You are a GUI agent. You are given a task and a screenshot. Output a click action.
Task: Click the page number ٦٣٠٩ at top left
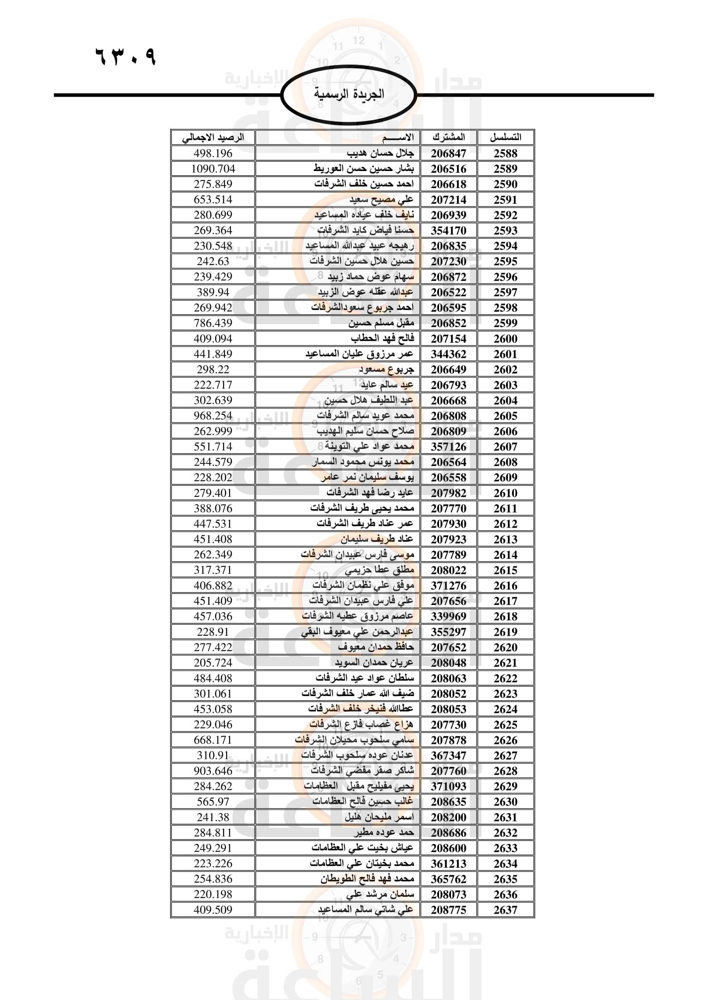click(x=125, y=56)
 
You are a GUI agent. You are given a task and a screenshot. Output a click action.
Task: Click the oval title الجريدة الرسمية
click(x=349, y=94)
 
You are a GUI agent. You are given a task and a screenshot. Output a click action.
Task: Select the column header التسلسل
click(x=505, y=137)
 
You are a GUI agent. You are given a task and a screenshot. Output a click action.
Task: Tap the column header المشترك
click(x=448, y=137)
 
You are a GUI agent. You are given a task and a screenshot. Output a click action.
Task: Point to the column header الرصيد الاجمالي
click(x=213, y=138)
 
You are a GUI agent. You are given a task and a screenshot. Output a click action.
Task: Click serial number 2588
click(x=505, y=153)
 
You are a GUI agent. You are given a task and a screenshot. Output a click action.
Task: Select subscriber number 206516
click(x=448, y=169)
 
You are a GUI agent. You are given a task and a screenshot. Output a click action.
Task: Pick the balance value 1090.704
click(x=213, y=168)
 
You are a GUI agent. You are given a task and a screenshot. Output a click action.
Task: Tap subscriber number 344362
click(x=448, y=354)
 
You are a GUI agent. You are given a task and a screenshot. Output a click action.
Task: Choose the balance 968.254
click(x=213, y=416)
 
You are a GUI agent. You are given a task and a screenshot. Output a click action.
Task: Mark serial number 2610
click(x=505, y=493)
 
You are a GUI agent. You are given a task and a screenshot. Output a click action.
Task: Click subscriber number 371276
click(x=448, y=586)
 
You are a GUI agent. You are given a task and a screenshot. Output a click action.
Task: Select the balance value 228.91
click(x=213, y=631)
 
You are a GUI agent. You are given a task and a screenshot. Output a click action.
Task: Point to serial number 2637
click(x=505, y=910)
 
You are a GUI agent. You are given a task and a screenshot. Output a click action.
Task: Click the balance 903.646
click(x=213, y=771)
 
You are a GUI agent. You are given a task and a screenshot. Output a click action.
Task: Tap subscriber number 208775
click(x=448, y=910)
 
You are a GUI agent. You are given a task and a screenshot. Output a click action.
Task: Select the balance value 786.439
click(x=213, y=323)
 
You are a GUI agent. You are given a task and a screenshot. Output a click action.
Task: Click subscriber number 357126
click(x=448, y=447)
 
